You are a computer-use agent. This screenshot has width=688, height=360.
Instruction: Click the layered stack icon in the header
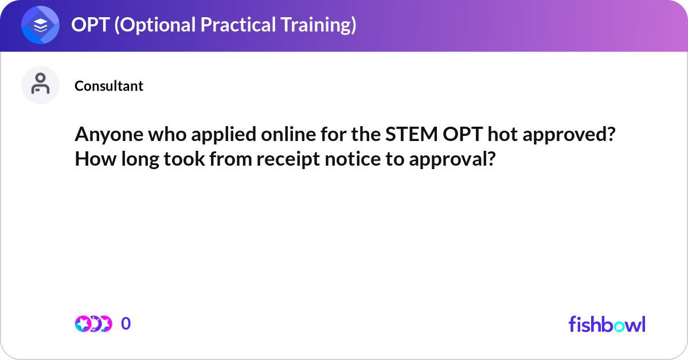tap(40, 26)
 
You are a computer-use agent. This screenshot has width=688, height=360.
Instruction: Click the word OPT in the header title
tap(89, 25)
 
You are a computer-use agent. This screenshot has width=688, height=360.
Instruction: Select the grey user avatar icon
tap(40, 85)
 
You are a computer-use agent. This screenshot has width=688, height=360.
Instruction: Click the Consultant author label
tap(109, 86)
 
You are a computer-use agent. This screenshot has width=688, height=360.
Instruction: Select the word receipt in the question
tap(288, 158)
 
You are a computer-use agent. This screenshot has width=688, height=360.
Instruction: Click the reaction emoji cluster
tap(93, 324)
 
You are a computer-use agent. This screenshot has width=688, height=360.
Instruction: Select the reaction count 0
tap(126, 324)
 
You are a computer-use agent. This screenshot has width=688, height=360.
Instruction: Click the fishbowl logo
tap(607, 324)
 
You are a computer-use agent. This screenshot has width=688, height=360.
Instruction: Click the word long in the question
tap(134, 158)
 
